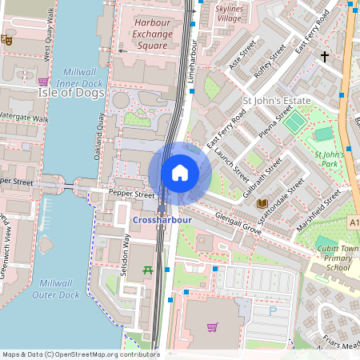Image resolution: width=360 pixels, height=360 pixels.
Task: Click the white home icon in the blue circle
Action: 180,172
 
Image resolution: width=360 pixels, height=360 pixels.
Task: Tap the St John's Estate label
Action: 274,102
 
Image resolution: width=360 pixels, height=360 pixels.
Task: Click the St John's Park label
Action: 330,158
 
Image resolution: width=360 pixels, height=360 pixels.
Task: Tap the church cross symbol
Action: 325,56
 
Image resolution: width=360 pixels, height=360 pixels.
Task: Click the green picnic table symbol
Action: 147,271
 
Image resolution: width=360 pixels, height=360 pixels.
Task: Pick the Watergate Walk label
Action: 24,118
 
